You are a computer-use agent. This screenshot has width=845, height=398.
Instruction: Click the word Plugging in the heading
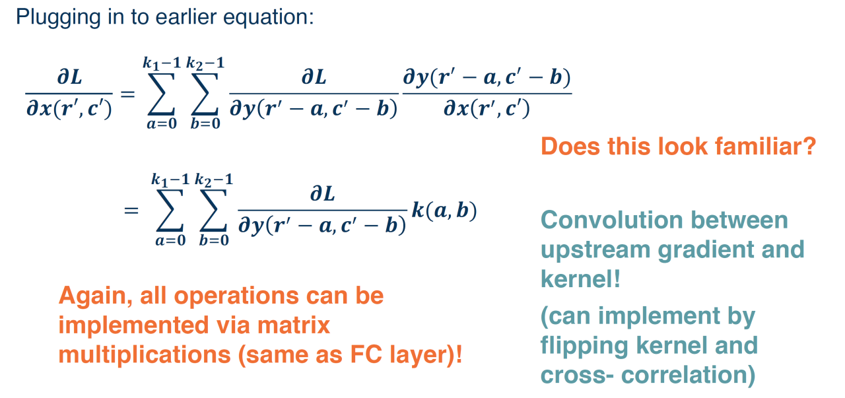[57, 18]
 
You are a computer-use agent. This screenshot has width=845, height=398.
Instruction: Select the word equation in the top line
[268, 18]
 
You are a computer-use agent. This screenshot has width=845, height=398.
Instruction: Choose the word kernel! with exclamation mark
[580, 279]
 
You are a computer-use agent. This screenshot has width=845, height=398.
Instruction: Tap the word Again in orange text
[95, 296]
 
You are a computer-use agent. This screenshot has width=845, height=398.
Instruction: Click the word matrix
[294, 325]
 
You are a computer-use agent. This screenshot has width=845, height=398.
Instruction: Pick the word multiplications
[145, 355]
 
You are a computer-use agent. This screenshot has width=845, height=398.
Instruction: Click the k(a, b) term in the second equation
[444, 211]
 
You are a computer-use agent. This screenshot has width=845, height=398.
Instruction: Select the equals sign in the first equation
[127, 93]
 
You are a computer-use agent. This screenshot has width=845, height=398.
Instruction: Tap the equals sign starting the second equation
[131, 211]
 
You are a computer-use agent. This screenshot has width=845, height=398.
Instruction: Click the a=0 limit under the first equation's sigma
[162, 123]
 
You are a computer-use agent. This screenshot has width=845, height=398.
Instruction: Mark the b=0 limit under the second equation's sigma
[214, 240]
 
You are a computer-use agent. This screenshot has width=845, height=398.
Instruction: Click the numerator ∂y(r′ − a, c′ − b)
[487, 78]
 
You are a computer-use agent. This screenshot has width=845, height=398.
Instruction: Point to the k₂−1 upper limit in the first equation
[205, 63]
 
